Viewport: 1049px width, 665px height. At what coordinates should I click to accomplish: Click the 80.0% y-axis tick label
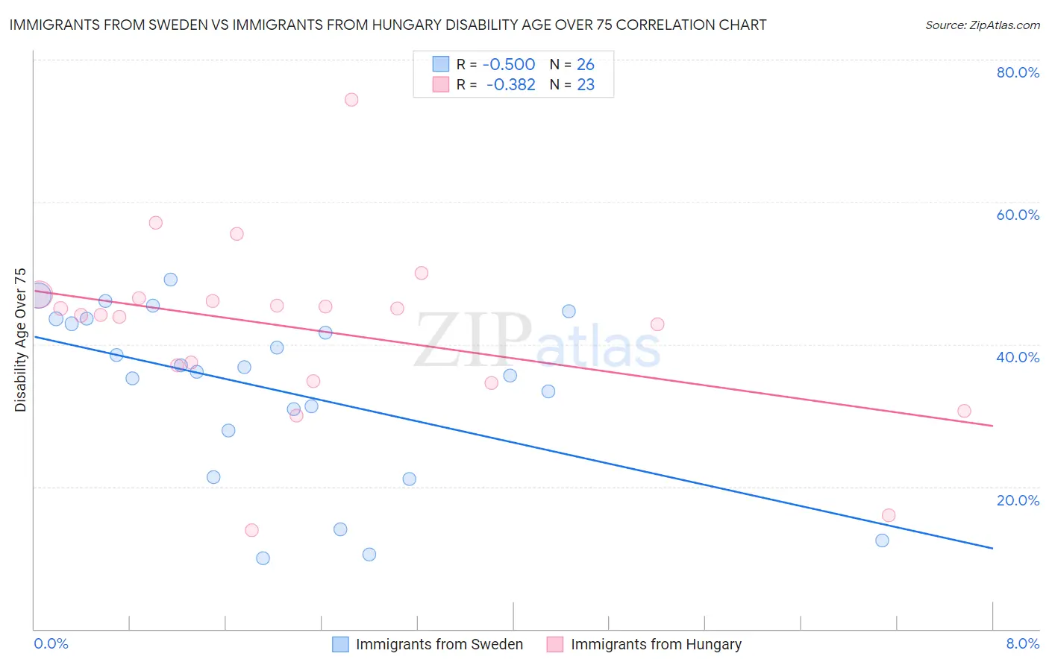pos(1018,72)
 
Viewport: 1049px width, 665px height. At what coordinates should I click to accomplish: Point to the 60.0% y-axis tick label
pos(1018,215)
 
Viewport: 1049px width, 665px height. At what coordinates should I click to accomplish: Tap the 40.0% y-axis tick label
pos(1018,357)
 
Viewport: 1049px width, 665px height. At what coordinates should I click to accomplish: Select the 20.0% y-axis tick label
pos(1018,499)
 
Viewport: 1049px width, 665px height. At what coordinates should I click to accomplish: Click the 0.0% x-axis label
pos(51,643)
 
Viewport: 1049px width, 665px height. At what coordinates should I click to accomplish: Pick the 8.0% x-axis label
pos(1022,643)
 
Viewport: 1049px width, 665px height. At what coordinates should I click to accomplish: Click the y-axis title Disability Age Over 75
pos(20,339)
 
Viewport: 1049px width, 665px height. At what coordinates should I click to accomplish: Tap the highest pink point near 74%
pos(351,100)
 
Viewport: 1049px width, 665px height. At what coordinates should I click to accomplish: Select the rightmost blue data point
pos(882,540)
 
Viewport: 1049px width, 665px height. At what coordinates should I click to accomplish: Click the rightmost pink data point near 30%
pos(964,411)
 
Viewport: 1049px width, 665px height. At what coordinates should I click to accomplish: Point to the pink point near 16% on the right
pos(888,515)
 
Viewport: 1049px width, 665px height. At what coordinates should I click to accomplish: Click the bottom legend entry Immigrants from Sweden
pos(439,644)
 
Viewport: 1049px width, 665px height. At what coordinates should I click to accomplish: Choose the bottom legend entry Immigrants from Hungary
pos(656,644)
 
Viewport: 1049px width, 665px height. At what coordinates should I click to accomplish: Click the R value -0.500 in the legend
pos(508,65)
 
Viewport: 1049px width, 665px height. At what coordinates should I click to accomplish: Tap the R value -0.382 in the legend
pos(510,85)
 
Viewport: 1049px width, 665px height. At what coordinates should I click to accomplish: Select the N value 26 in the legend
pos(586,65)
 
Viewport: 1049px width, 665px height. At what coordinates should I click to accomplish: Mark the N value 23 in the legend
pos(586,85)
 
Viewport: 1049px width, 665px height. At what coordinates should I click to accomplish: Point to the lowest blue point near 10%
pos(263,558)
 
